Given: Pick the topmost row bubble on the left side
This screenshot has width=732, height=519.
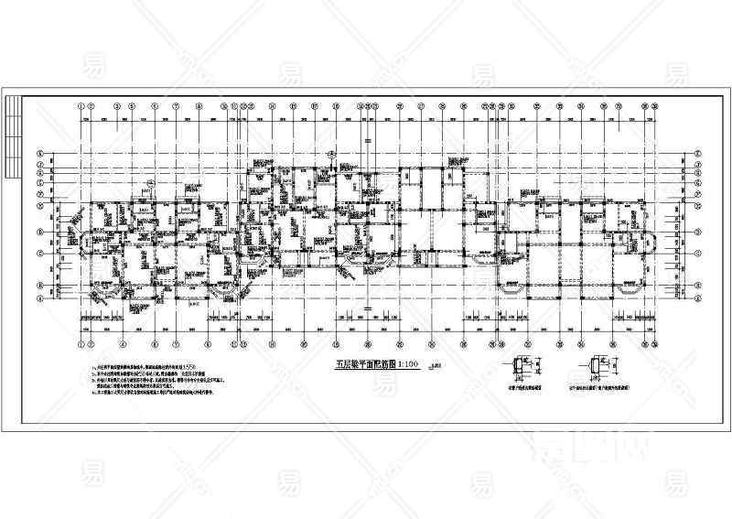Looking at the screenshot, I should click(40, 154).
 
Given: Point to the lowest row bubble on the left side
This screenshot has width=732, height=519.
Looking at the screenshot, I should click(40, 297).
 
